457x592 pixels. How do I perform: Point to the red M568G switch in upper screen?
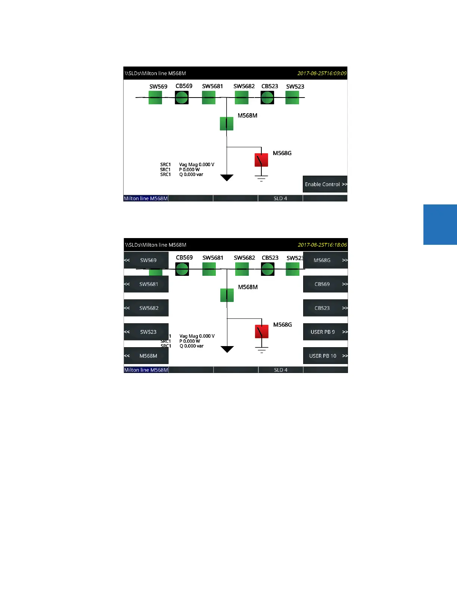pos(261,160)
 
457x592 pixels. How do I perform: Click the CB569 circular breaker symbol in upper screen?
pos(182,98)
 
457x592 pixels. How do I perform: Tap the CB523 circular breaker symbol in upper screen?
pos(267,98)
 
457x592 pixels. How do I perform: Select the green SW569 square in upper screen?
pos(155,98)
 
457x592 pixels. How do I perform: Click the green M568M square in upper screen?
pos(227,124)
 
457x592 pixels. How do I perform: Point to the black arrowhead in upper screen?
pos(227,178)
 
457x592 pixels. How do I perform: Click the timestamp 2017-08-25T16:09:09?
pos(322,73)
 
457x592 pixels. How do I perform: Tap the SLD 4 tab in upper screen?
pos(280,198)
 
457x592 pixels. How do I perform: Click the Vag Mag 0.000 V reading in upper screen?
pos(197,164)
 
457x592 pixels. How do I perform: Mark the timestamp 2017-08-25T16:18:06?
pos(322,245)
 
